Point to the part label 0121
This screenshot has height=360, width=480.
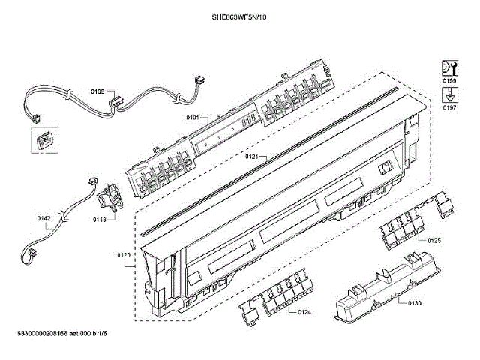pos(251,157)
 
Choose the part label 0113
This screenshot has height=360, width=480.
pos(99,220)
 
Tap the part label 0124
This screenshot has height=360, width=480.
pos(304,311)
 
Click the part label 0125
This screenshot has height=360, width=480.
pos(433,240)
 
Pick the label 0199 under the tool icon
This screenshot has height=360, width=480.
pos(449,80)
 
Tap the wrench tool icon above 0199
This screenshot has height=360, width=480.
pos(449,67)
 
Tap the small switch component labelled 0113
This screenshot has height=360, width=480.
pos(110,199)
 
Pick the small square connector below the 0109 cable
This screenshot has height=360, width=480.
pos(43,139)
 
